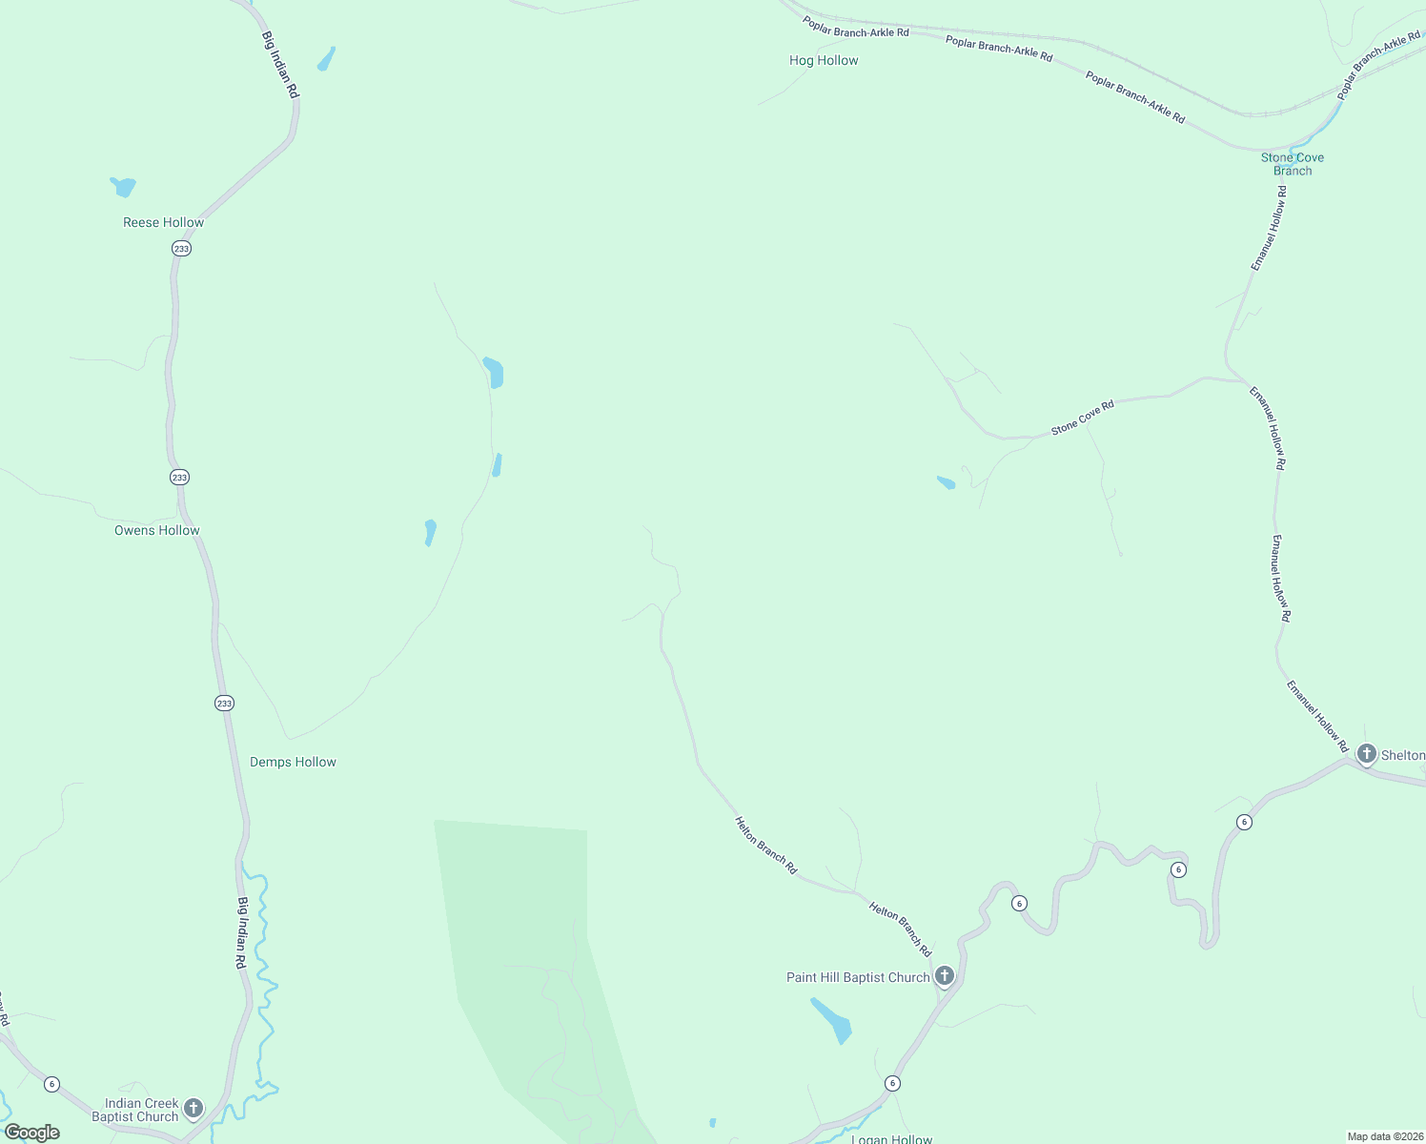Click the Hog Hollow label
pos(824,61)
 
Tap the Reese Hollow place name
pos(163,223)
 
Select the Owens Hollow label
pos(157,531)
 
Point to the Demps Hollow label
pos(293,763)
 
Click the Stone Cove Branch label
pos(1292,164)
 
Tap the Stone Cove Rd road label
pos(1082,419)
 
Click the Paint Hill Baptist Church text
pos(858,978)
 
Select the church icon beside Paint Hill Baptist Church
pos(944,976)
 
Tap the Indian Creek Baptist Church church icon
pos(194,1108)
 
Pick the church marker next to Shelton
pos(1366,754)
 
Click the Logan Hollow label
pos(891,1138)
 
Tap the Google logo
pos(32,1133)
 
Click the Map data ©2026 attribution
pos(1384,1136)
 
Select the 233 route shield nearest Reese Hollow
pos(181,249)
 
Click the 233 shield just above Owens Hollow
pos(179,477)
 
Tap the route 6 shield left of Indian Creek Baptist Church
pos(51,1084)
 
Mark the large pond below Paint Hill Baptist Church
pos(831,1020)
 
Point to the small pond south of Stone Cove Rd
pos(946,482)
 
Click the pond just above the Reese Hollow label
pos(124,186)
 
